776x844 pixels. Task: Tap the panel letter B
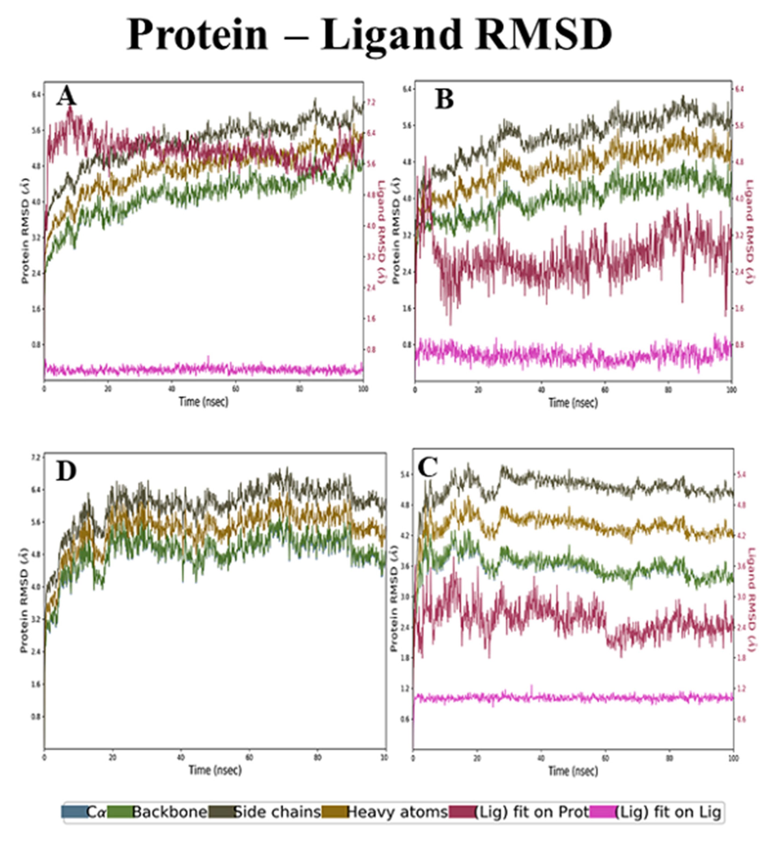tap(444, 100)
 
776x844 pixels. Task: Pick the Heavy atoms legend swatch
tap(335, 812)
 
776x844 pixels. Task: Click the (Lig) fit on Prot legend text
tap(531, 812)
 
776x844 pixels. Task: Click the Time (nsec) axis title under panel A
tap(204, 402)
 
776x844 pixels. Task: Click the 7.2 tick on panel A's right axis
tap(371, 102)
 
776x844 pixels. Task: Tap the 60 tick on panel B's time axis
tap(605, 390)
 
